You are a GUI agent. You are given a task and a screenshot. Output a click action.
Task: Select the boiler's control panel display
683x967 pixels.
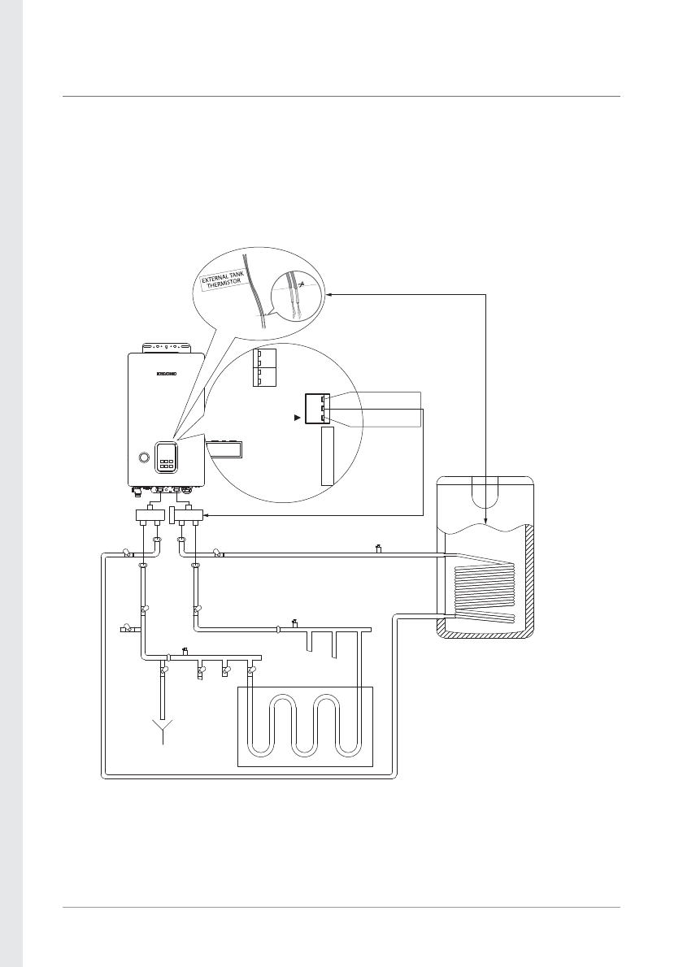point(167,457)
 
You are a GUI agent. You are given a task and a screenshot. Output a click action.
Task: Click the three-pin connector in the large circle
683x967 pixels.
point(315,409)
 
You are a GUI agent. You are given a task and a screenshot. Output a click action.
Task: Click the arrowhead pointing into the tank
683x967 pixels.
point(485,519)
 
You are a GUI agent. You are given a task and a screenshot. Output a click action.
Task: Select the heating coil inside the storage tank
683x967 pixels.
point(485,585)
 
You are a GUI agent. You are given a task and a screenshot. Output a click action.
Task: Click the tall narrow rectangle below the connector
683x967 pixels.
point(328,456)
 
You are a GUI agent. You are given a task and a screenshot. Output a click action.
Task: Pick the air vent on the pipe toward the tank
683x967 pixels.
point(378,549)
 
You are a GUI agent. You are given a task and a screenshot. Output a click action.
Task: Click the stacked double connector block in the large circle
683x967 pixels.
point(264,368)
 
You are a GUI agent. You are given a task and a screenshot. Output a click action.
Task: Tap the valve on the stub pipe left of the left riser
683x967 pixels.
point(127,628)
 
